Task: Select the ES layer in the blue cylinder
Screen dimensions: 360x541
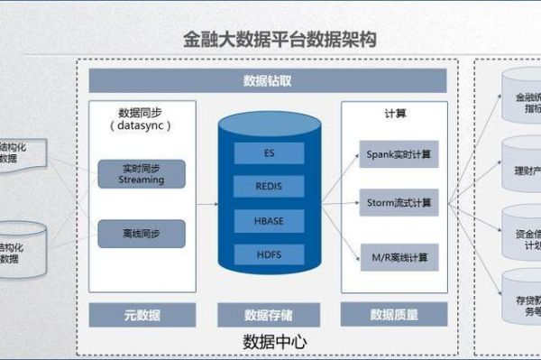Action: pos(269,153)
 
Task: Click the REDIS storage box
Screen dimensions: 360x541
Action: pos(269,187)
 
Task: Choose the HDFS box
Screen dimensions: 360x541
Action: pos(269,254)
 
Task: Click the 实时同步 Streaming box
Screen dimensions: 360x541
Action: pos(142,173)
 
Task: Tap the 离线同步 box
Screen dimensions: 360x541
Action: pos(142,234)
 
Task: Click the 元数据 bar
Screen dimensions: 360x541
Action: pos(142,315)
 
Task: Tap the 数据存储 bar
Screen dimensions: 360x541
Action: pos(268,315)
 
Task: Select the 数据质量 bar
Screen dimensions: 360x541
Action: pos(394,315)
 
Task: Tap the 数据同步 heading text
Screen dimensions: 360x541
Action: pos(142,114)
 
